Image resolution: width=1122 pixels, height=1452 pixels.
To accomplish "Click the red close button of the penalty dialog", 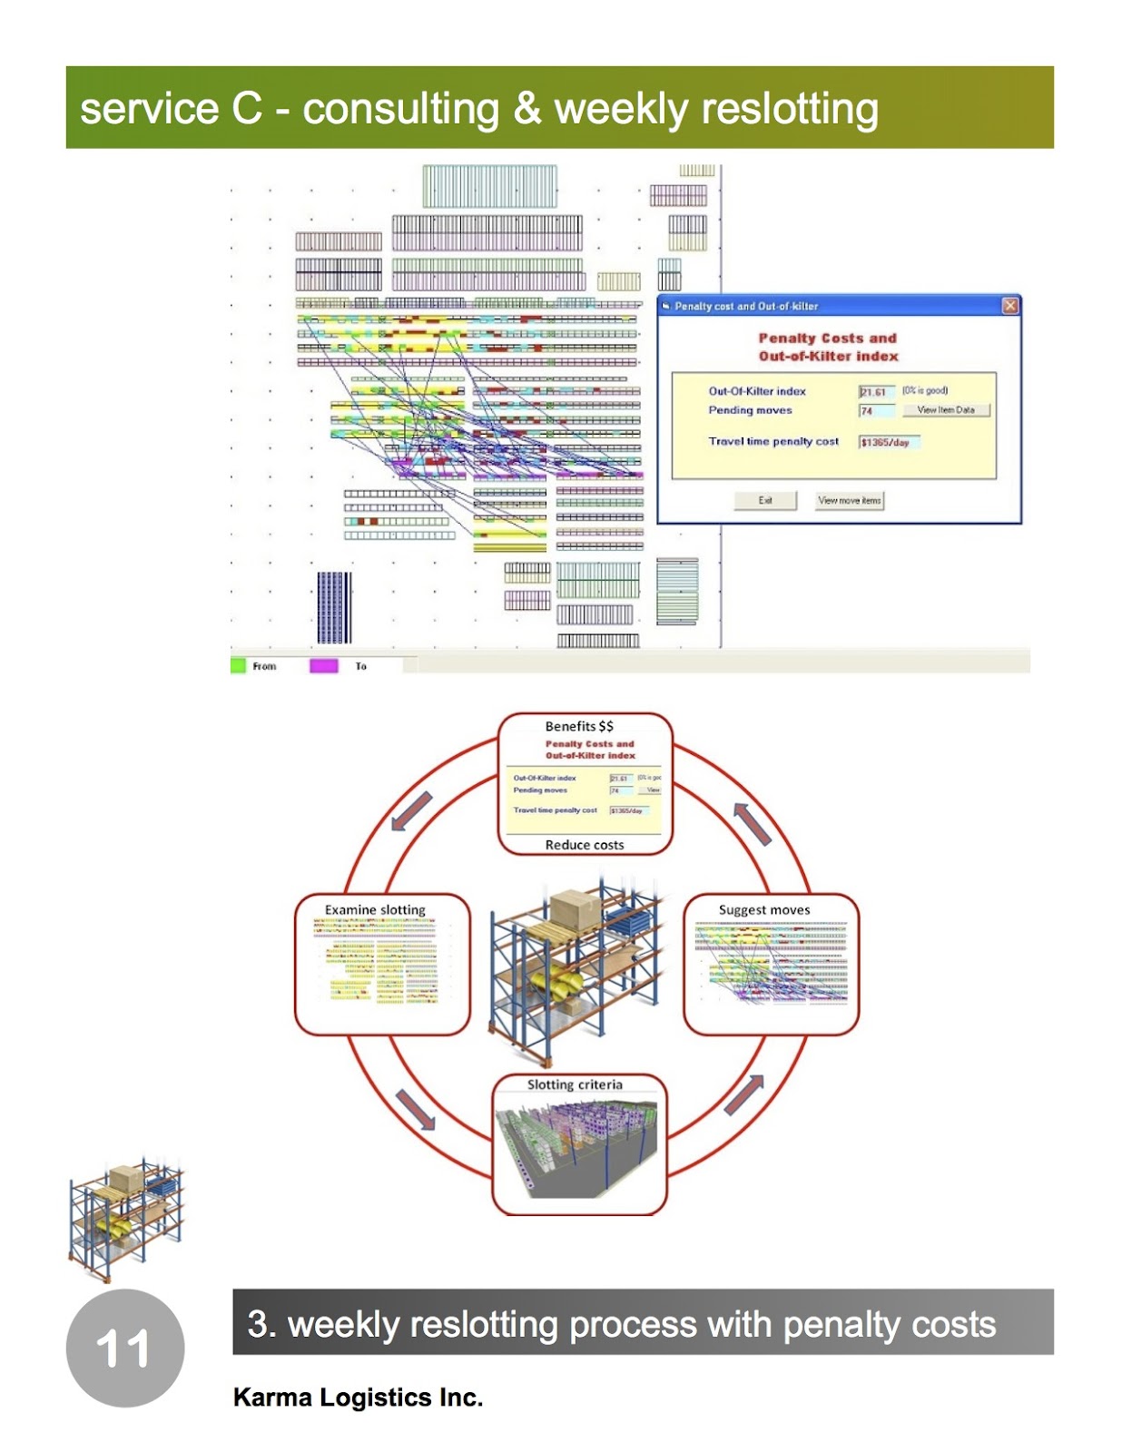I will (1009, 306).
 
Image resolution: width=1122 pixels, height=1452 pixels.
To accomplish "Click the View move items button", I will (849, 500).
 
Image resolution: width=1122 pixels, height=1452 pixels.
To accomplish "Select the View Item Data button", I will (945, 410).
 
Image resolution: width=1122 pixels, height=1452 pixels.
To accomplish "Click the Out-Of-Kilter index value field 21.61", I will (876, 392).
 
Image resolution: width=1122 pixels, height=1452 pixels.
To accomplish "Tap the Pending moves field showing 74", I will (876, 411).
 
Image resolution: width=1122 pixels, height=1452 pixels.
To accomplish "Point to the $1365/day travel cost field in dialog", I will (889, 442).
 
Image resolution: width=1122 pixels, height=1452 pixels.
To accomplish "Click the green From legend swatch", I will (239, 666).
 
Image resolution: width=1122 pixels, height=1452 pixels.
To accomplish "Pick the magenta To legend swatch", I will (323, 666).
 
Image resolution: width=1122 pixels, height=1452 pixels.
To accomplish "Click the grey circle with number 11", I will (125, 1348).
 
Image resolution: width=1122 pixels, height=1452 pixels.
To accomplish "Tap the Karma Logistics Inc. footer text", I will (358, 1398).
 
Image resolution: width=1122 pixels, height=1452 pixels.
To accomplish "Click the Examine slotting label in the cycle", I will (375, 909).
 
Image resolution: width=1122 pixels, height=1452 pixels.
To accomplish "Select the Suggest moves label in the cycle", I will (764, 909).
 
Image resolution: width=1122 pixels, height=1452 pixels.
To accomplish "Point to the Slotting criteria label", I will (575, 1084).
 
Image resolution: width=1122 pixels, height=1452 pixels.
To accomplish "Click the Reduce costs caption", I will (585, 845).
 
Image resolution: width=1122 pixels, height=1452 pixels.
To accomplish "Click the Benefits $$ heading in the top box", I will (579, 726).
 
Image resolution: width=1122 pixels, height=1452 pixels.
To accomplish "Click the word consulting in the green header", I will (400, 109).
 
